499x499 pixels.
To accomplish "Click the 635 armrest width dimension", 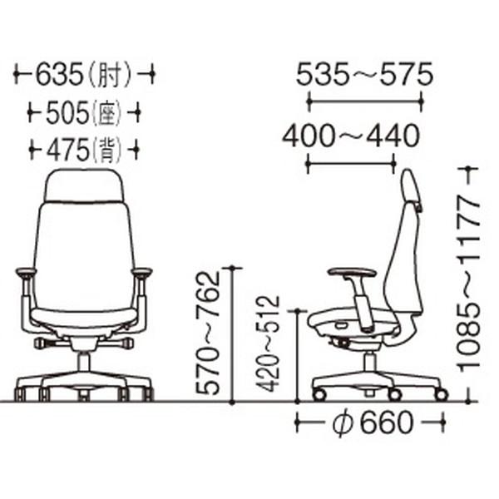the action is point(59,75).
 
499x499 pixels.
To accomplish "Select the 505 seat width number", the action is point(67,113).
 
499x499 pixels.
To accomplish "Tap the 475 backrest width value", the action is point(67,149).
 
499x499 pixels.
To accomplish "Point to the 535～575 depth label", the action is point(365,75).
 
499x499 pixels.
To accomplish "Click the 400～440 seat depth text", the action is point(351,136).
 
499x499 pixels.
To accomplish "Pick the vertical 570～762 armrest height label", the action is point(207,333).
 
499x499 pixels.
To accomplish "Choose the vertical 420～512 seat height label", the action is point(268,344).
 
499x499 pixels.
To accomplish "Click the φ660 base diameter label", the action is point(373,423).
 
